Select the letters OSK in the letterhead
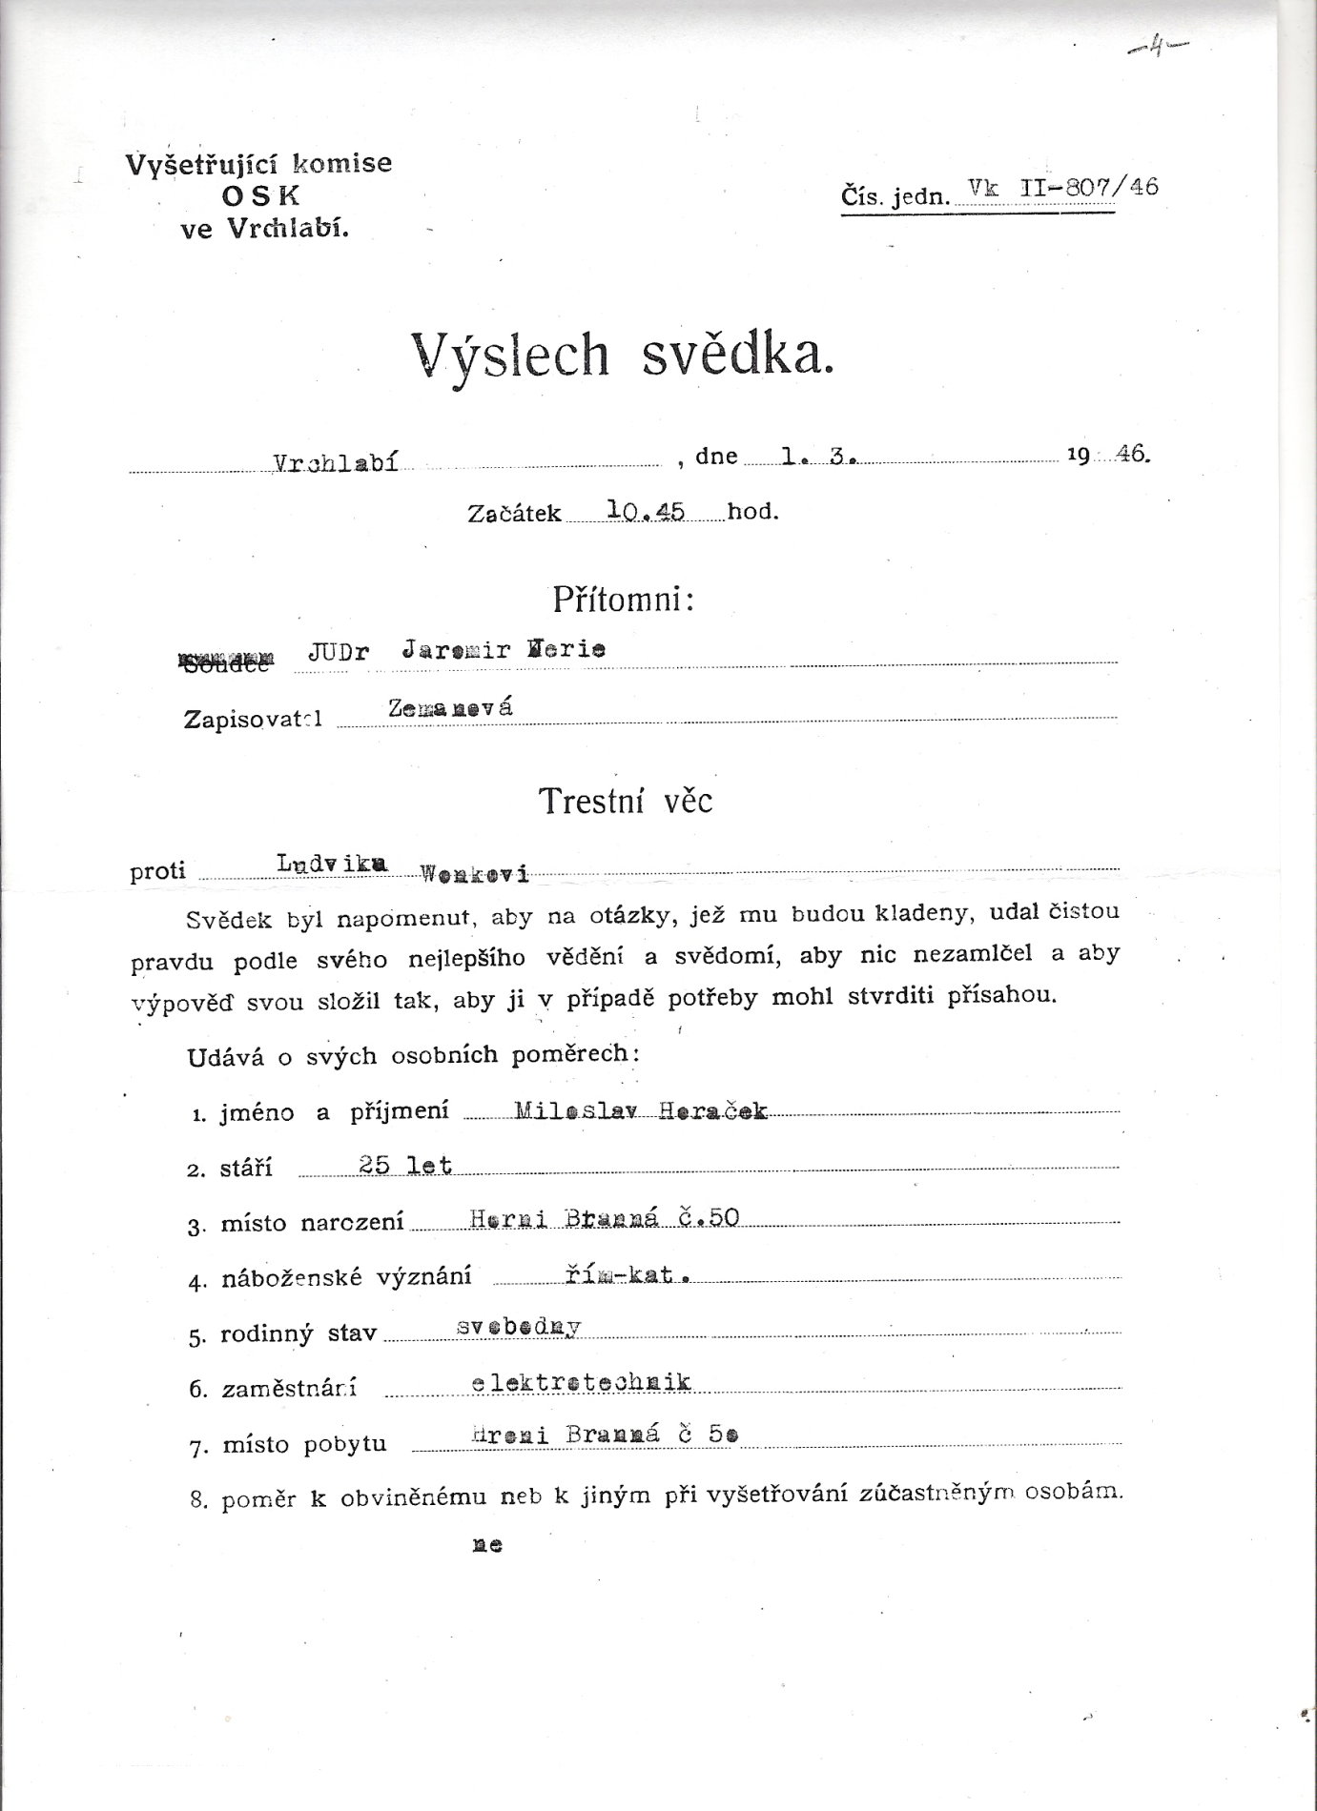click(259, 196)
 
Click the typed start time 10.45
click(647, 511)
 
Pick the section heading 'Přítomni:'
click(623, 600)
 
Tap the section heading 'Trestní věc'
click(626, 801)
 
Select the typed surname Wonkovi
click(474, 872)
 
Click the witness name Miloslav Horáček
click(640, 1110)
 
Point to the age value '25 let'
click(404, 1165)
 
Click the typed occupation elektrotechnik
click(581, 1383)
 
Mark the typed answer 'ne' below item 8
click(486, 1545)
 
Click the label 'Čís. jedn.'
click(895, 197)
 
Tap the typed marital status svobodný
click(519, 1328)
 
